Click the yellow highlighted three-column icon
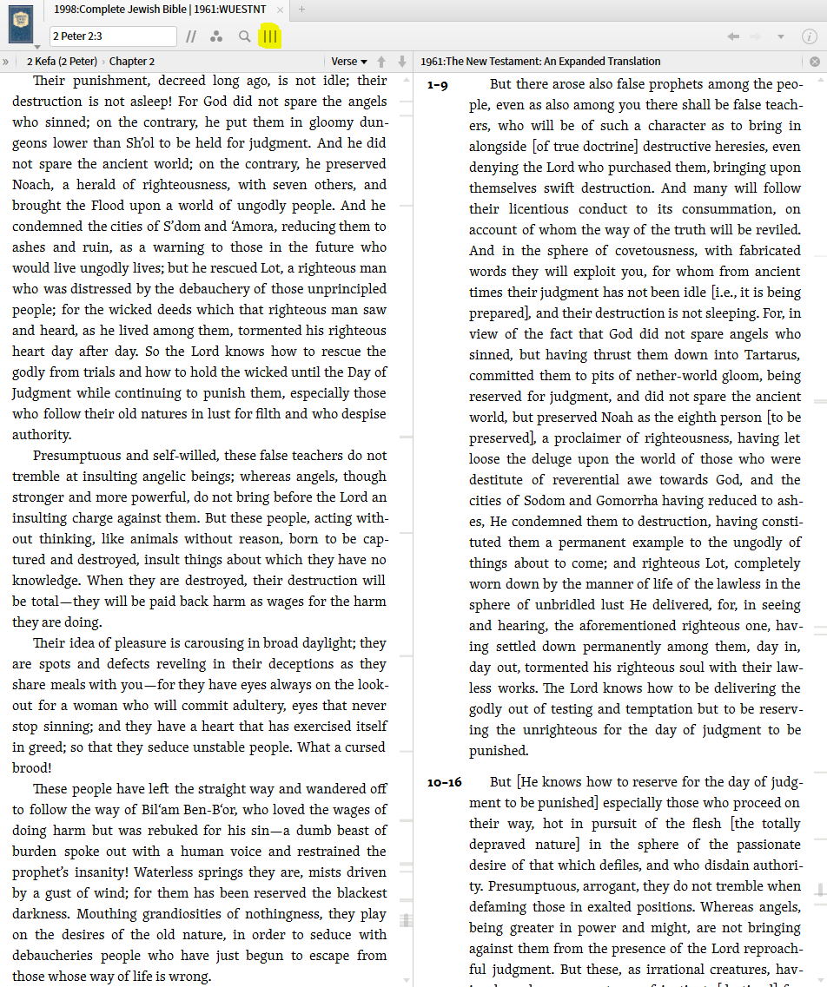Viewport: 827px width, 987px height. [x=270, y=36]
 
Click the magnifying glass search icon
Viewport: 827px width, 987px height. [x=245, y=36]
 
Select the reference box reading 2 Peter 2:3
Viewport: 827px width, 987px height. [x=113, y=36]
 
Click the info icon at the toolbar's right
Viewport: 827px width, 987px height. [x=809, y=36]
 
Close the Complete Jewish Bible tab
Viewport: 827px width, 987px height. [x=280, y=9]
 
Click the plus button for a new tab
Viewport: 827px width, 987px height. [x=301, y=9]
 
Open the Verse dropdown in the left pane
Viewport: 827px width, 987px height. [x=349, y=62]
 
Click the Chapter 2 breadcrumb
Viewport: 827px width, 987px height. [x=132, y=62]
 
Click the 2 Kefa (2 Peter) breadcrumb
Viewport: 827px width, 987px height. [x=61, y=62]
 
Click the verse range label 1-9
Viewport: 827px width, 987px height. [x=438, y=85]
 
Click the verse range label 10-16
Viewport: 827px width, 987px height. [x=444, y=782]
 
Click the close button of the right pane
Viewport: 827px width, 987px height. [x=815, y=62]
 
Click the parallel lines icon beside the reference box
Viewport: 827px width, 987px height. [x=191, y=36]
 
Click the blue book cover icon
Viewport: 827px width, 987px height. [x=21, y=22]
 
